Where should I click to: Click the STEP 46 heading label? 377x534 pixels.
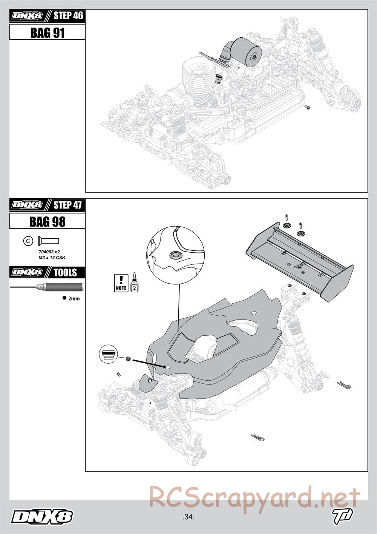point(68,16)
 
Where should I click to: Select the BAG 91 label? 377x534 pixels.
point(47,33)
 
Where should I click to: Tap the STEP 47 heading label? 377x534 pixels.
point(68,205)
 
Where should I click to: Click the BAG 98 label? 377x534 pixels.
point(47,222)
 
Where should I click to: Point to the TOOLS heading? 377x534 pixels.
point(65,272)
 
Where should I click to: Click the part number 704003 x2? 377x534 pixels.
point(49,252)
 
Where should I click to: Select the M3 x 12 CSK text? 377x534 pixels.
point(49,258)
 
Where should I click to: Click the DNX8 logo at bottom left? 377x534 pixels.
point(42,517)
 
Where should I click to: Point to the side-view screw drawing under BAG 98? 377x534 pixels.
point(49,240)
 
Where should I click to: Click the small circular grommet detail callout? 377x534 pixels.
point(108,355)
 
